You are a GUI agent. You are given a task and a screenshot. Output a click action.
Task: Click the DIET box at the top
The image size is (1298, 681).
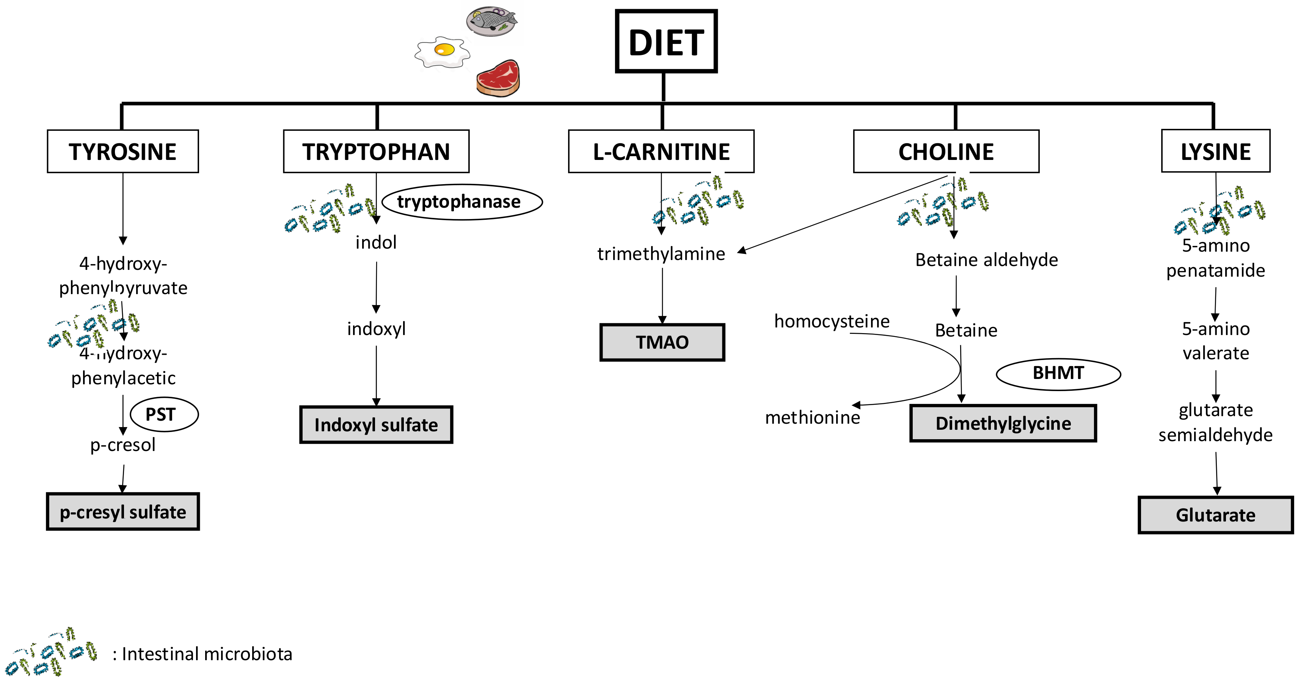[665, 41]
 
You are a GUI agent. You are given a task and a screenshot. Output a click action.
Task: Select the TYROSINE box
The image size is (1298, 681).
[122, 152]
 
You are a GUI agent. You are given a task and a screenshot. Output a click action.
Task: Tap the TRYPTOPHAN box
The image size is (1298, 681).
[376, 152]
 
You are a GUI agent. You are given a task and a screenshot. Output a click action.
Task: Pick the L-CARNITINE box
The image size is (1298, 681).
[661, 152]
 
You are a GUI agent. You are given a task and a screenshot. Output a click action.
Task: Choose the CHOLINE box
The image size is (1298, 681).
[946, 152]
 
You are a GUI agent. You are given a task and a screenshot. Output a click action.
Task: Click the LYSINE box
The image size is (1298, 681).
[1215, 151]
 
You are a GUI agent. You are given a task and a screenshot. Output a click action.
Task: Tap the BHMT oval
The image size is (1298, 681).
[1058, 374]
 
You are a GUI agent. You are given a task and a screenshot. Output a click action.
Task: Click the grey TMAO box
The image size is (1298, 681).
[662, 343]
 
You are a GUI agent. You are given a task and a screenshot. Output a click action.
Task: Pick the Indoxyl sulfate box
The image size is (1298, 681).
[376, 424]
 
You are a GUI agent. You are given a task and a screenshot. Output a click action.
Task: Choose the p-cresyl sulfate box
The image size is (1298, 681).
[122, 512]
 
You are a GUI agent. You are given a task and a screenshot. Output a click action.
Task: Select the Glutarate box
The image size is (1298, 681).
[1215, 515]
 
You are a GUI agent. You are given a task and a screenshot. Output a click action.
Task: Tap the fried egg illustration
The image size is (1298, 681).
[442, 52]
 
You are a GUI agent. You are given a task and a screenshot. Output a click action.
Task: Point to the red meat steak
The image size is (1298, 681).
[498, 78]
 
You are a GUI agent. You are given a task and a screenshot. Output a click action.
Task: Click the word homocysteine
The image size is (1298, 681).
[832, 321]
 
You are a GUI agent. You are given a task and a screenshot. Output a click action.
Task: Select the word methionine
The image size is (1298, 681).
[812, 418]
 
